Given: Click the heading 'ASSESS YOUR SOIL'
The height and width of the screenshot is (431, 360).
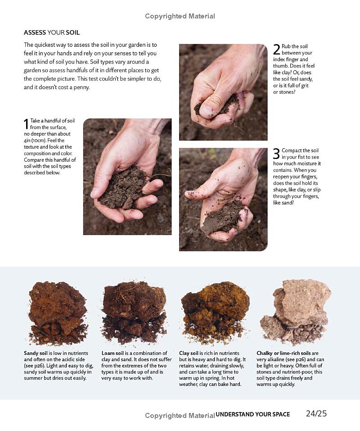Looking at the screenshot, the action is (52, 32).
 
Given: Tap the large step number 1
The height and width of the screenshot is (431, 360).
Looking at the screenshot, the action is (26, 124).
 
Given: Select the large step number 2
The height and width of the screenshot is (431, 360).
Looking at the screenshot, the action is (276, 50).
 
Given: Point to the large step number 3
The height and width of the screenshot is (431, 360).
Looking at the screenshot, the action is (276, 154).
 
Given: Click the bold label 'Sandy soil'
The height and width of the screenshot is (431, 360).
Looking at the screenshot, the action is (36, 353).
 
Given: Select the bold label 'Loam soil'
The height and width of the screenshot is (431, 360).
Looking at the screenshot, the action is (112, 353).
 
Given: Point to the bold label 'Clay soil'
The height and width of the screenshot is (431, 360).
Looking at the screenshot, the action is (189, 353).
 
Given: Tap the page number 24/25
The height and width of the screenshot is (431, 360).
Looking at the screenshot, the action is (316, 414).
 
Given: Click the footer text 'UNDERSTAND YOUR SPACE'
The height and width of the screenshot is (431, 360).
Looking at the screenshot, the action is (252, 414).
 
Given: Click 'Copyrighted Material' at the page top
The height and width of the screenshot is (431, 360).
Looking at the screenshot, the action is (180, 16).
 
